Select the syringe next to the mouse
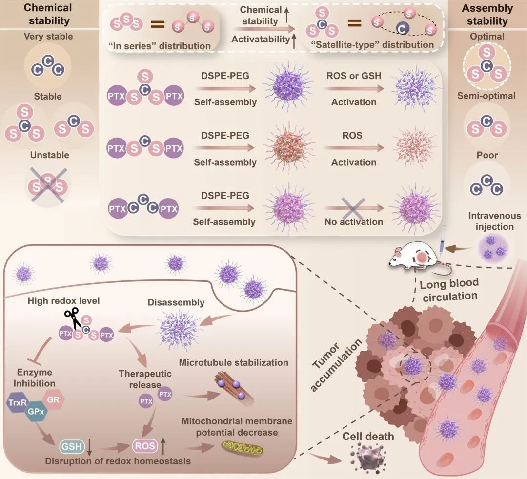pos(442,242)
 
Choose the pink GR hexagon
pos(53,399)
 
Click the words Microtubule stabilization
pos(233,362)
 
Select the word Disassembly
pos(176,302)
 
